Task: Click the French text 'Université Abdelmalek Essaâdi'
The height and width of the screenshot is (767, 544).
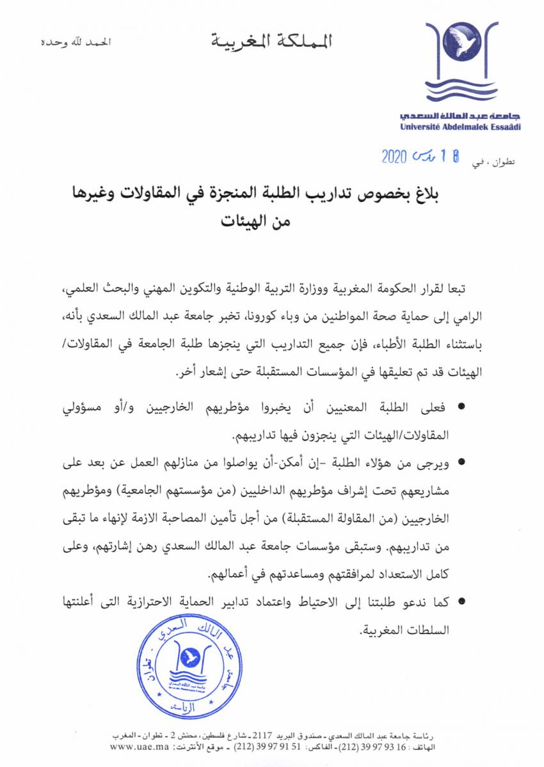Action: (460, 127)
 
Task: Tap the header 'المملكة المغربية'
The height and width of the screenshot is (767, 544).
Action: (272, 43)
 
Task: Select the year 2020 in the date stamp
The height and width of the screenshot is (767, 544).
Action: (396, 158)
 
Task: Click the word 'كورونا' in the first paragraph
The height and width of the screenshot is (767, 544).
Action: (292, 315)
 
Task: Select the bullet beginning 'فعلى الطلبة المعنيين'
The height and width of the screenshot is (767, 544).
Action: (461, 407)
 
